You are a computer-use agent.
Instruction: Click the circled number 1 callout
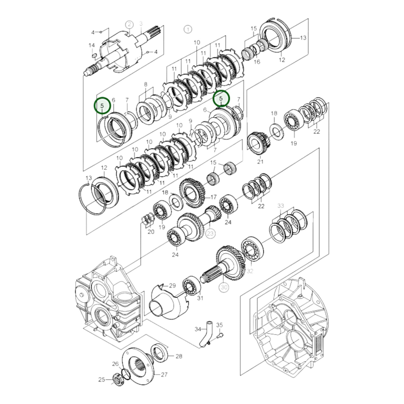tap(188, 29)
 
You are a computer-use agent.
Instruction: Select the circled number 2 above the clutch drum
tap(129, 25)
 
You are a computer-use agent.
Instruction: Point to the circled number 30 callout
tap(224, 287)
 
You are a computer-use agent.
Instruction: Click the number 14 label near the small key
tap(92, 45)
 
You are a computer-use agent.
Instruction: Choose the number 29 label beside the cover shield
tap(173, 285)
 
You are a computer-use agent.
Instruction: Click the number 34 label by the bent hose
tap(198, 329)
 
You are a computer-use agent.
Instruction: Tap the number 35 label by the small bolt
tap(219, 325)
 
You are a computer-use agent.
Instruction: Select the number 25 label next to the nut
tap(101, 379)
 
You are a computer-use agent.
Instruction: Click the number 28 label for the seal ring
tap(179, 356)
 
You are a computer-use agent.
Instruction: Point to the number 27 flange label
tap(164, 374)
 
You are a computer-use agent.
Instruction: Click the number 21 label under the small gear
tap(260, 161)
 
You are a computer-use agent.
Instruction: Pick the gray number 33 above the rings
tap(280, 205)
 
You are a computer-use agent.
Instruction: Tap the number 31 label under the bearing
tap(200, 298)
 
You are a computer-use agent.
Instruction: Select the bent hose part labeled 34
tap(206, 334)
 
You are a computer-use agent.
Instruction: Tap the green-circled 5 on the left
tap(102, 106)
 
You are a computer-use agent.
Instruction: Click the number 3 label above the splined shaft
tap(141, 23)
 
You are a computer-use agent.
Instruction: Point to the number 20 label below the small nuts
tap(151, 232)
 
